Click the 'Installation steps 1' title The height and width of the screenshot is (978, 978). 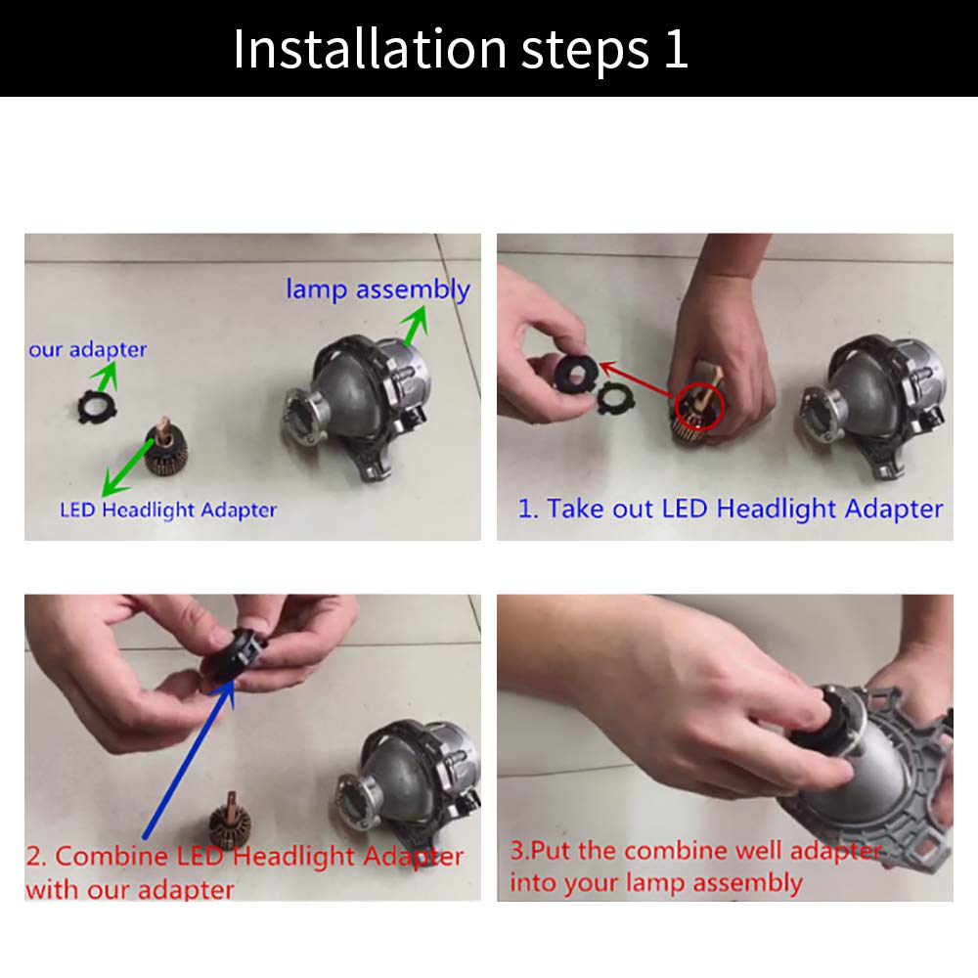point(461,49)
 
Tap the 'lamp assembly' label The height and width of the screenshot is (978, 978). point(378,290)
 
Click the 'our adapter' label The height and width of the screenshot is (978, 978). point(87,350)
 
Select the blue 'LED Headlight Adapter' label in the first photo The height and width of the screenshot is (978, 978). point(168,511)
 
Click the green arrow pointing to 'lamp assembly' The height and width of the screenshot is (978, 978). point(415,326)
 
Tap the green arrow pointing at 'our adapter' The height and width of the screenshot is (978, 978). point(105,377)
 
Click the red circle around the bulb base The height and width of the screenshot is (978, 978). point(699,407)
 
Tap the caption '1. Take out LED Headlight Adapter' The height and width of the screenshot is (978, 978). point(731,509)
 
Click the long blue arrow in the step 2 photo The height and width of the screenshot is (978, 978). point(189,759)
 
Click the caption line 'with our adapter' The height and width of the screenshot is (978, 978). point(130,889)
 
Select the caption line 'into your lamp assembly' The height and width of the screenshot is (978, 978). point(656,882)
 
